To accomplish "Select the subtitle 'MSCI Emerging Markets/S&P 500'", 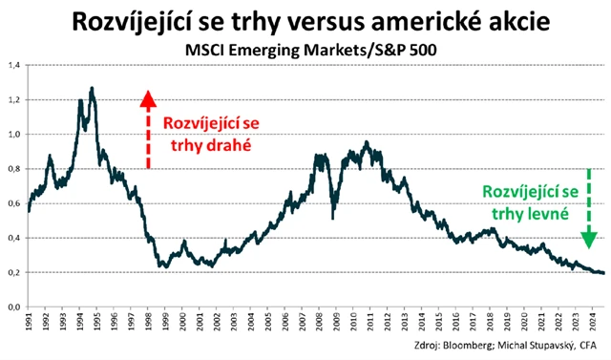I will pyautogui.click(x=305, y=48).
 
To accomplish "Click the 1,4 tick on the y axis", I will pyautogui.click(x=15, y=65).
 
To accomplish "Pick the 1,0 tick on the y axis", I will pyautogui.click(x=15, y=135).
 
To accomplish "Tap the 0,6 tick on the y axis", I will pyautogui.click(x=15, y=203).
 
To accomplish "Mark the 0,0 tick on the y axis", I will pyautogui.click(x=15, y=307).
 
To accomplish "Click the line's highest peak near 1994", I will pyautogui.click(x=92, y=88).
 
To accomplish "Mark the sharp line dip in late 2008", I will pyautogui.click(x=332, y=217).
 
